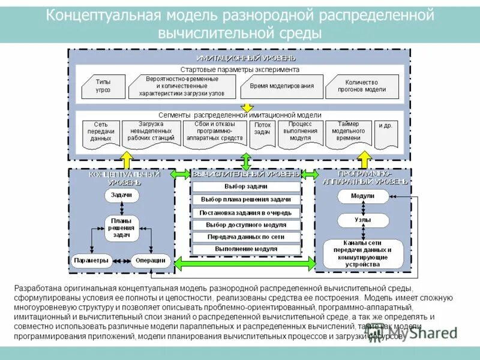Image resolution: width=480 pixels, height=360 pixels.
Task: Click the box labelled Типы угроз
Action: [103, 86]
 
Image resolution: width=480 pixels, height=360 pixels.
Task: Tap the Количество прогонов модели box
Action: [362, 86]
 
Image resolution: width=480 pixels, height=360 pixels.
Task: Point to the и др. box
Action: [386, 127]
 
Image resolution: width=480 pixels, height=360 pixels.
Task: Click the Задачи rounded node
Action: [122, 195]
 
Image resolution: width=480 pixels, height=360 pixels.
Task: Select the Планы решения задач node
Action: [122, 229]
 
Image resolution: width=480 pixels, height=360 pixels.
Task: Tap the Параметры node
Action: [91, 260]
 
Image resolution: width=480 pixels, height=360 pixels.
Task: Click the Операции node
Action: [146, 260]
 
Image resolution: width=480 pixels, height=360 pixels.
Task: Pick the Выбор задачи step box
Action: [245, 187]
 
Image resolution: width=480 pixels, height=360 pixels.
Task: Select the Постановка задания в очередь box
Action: [245, 212]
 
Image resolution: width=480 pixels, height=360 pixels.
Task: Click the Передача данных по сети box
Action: [245, 237]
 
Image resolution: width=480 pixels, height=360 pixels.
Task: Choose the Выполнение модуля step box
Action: [245, 249]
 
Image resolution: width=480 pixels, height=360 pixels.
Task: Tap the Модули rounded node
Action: [362, 196]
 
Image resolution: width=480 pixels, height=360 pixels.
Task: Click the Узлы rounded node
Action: [362, 220]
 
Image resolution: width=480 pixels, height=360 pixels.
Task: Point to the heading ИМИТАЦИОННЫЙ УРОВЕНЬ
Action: [246, 58]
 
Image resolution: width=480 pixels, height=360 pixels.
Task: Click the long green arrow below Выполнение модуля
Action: [245, 263]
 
